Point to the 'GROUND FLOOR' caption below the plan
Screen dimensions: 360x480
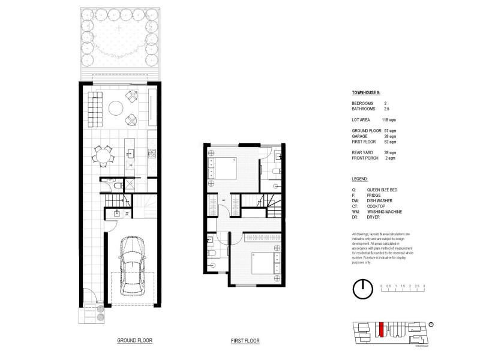pyautogui.click(x=134, y=340)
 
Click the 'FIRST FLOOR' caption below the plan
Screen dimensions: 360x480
pyautogui.click(x=245, y=341)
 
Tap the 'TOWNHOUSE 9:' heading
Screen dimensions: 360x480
pyautogui.click(x=365, y=93)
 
